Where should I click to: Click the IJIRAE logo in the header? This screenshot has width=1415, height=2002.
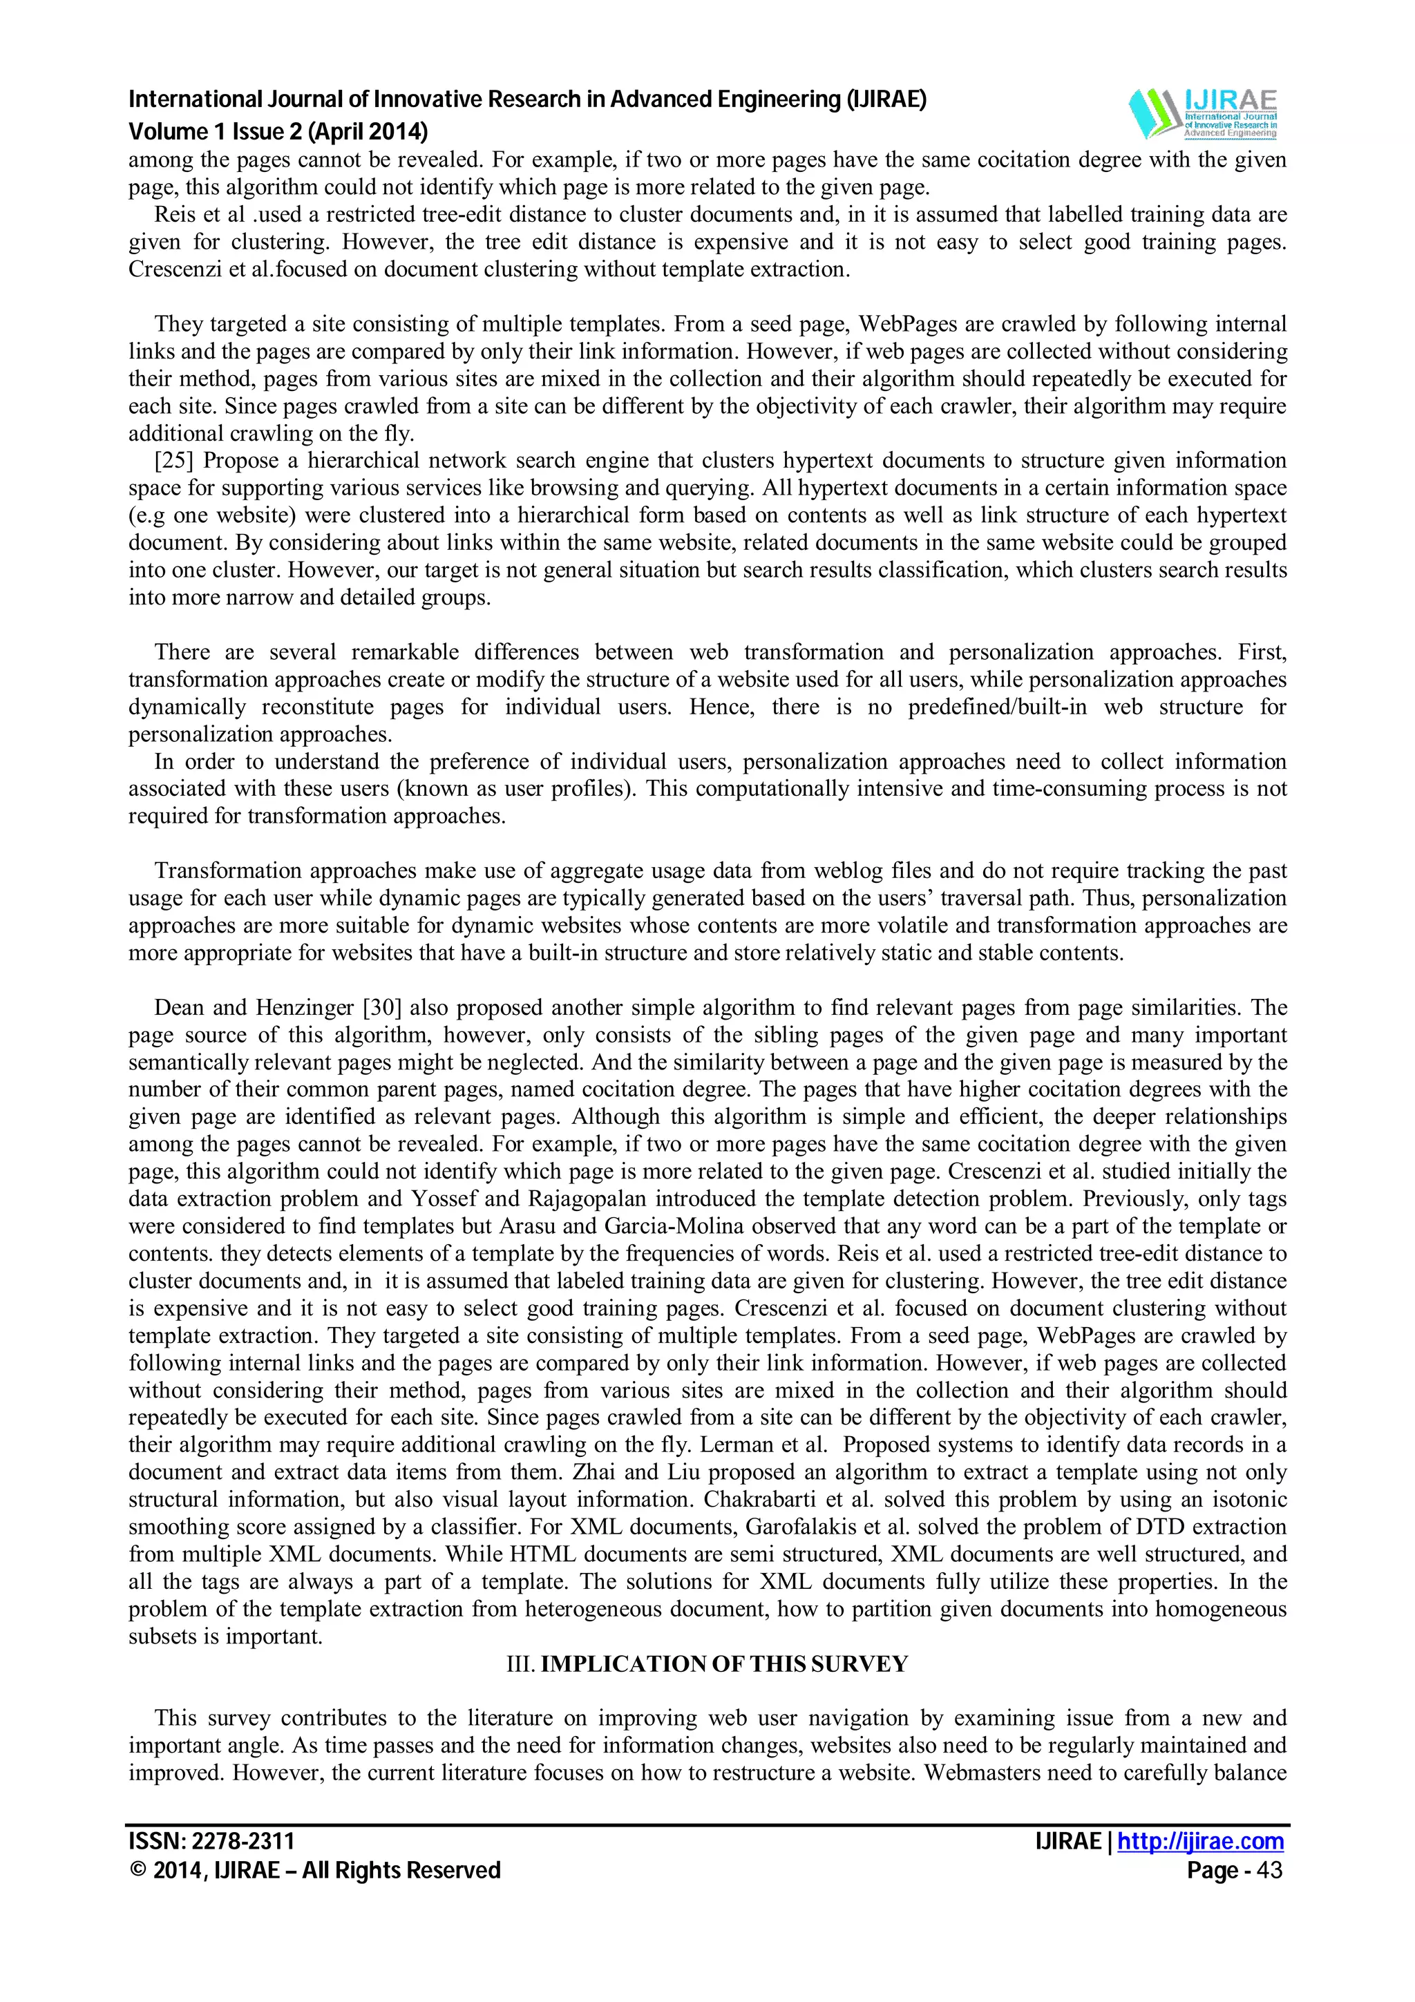point(1202,114)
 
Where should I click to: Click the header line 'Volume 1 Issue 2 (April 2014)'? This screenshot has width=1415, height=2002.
point(278,132)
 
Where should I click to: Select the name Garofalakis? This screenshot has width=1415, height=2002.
point(795,1527)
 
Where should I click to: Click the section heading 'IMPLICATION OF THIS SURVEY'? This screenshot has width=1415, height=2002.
point(723,1665)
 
